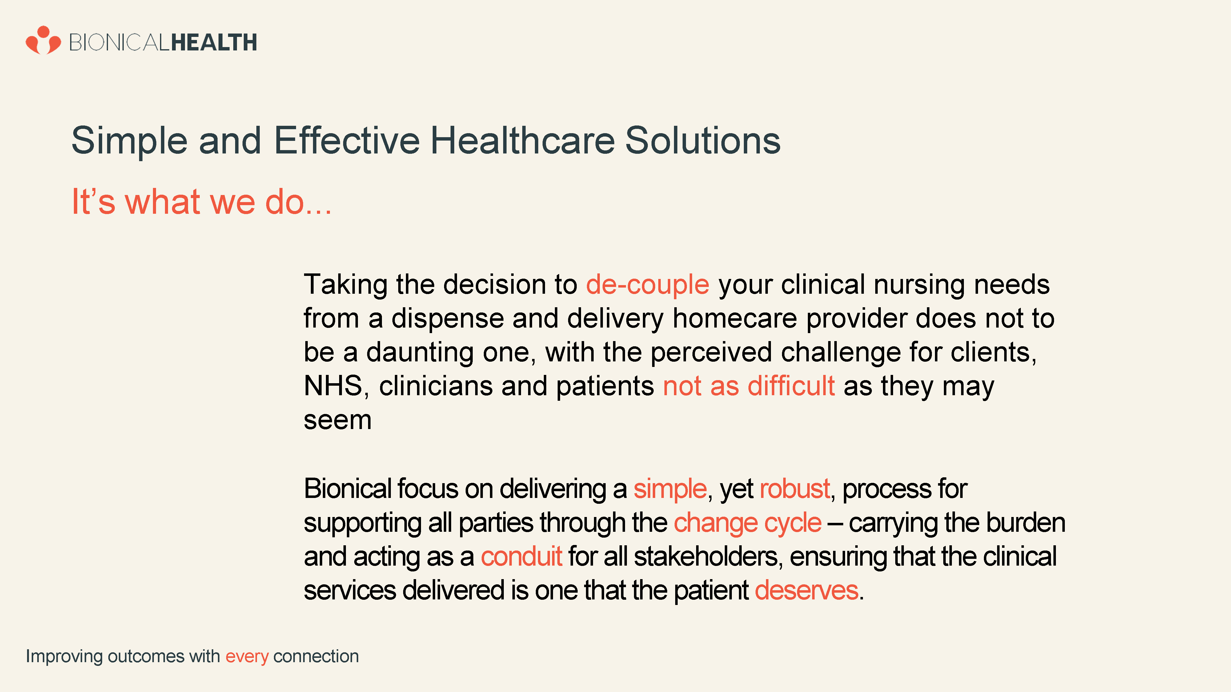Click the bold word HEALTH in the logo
click(x=214, y=42)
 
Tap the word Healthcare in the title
click(x=523, y=141)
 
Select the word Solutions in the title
click(x=703, y=141)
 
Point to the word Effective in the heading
click(x=347, y=141)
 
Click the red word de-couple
click(x=648, y=284)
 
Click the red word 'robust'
click(x=795, y=489)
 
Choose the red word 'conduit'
click(x=521, y=556)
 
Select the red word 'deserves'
click(x=807, y=590)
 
